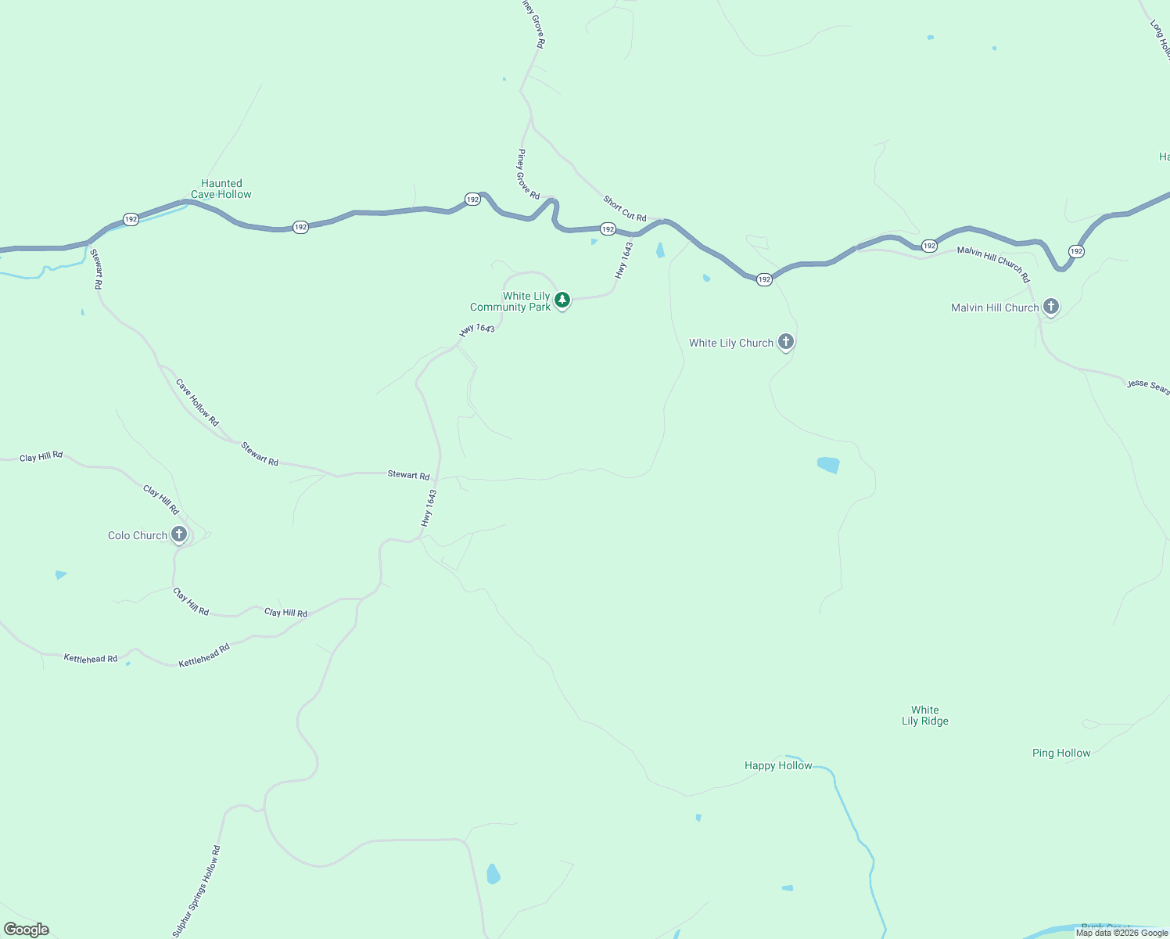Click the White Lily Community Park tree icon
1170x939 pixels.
coord(562,300)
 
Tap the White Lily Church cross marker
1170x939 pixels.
coord(786,342)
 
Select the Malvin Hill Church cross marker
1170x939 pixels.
coord(1051,307)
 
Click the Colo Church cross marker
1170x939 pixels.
coord(179,534)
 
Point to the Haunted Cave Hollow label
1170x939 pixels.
coord(221,189)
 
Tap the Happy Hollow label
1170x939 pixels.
coord(778,765)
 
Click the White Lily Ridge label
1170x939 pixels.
coord(924,715)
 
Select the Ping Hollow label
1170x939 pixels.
coord(1061,753)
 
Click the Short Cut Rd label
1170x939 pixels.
coord(625,209)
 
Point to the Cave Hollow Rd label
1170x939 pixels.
coord(197,402)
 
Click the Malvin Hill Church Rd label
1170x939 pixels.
coord(993,264)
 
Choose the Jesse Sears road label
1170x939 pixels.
coord(1147,386)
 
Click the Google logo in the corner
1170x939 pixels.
coord(27,930)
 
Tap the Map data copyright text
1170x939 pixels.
coord(1122,933)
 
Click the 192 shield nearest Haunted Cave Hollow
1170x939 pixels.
coord(131,219)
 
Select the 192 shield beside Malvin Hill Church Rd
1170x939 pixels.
coord(929,246)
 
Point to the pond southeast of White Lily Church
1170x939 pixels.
coord(828,465)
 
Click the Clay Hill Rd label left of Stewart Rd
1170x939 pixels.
coord(41,457)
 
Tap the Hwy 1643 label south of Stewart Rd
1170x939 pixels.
coord(429,508)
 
